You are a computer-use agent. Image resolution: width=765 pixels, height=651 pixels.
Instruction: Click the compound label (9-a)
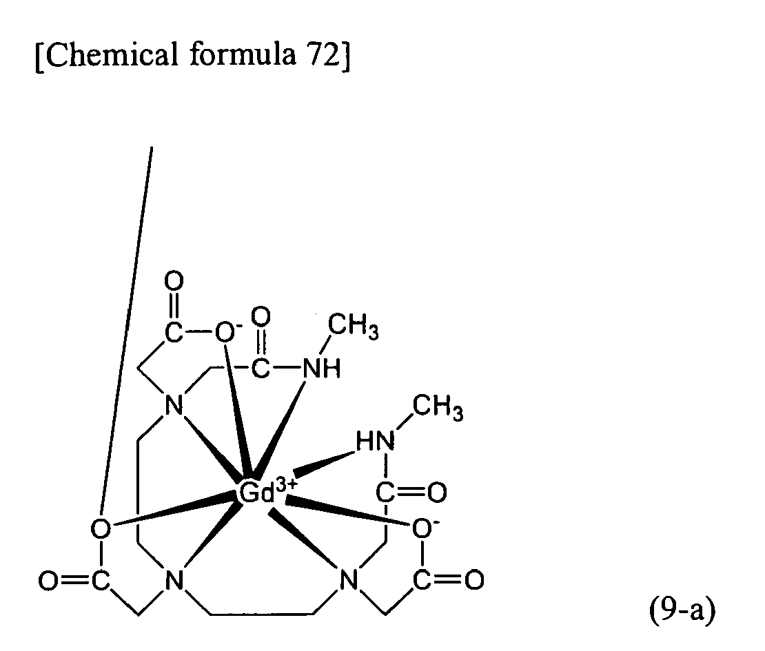pos(682,610)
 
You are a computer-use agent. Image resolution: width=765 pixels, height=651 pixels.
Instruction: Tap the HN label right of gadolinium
pos(375,442)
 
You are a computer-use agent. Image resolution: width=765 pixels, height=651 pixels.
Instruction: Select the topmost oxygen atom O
pos(174,281)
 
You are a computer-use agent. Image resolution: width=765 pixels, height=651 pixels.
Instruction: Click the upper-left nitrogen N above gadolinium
pos(174,405)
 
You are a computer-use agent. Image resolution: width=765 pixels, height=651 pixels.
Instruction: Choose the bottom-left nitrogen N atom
pos(174,581)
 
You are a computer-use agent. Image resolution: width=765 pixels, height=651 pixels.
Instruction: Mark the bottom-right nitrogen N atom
pos(348,581)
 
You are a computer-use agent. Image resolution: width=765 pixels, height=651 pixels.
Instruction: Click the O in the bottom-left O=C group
pos(49,581)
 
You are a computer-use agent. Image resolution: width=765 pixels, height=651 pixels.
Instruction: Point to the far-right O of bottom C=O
pos(474,580)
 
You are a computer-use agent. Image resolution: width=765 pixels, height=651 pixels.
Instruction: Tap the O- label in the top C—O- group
pos(225,333)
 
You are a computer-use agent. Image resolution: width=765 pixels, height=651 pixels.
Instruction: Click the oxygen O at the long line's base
pos(101,528)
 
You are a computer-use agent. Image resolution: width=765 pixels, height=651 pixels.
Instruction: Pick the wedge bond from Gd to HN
pos(324,464)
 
